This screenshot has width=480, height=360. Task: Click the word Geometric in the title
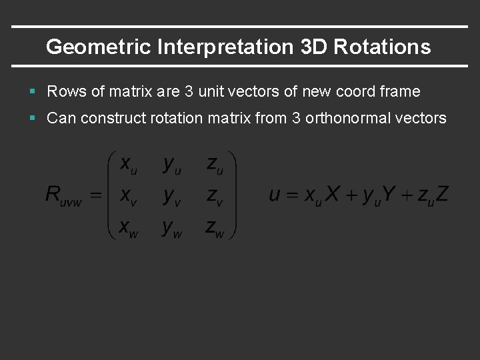pyautogui.click(x=93, y=47)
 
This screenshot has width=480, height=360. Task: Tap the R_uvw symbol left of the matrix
pyautogui.click(x=64, y=195)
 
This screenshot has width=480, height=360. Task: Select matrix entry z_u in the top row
pyautogui.click(x=215, y=166)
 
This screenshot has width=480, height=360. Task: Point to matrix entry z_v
pyautogui.click(x=215, y=196)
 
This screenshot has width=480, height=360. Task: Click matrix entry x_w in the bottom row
pyautogui.click(x=126, y=227)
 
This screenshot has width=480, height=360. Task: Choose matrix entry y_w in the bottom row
pyautogui.click(x=171, y=227)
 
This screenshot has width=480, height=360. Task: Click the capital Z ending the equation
pyautogui.click(x=441, y=195)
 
